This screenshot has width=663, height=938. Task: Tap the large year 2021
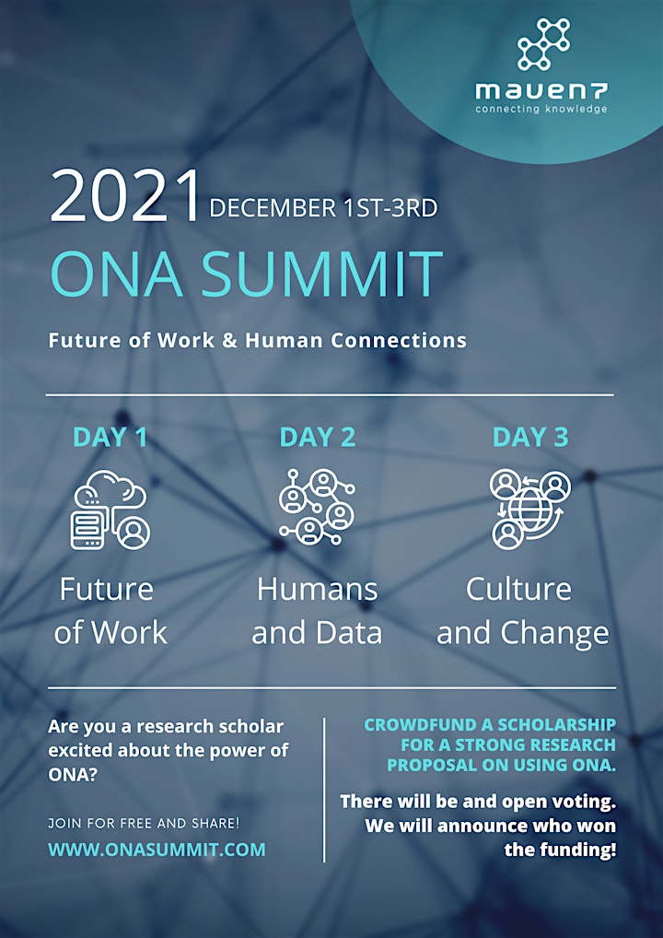click(124, 197)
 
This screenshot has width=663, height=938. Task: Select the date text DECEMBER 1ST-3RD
click(323, 208)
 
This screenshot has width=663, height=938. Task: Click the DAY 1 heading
click(110, 438)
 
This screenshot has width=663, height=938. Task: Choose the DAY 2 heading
click(318, 438)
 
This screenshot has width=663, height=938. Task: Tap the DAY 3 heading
click(530, 438)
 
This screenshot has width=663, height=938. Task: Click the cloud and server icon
click(110, 509)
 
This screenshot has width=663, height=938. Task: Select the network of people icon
click(317, 507)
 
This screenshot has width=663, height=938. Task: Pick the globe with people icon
click(530, 509)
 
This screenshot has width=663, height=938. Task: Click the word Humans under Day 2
click(317, 590)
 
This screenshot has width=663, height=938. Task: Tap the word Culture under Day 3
click(518, 590)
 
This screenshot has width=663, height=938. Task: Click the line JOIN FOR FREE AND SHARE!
click(144, 823)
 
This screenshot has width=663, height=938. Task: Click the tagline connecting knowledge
click(541, 109)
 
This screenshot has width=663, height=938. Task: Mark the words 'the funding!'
click(560, 850)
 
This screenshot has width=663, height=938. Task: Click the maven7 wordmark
click(541, 91)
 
